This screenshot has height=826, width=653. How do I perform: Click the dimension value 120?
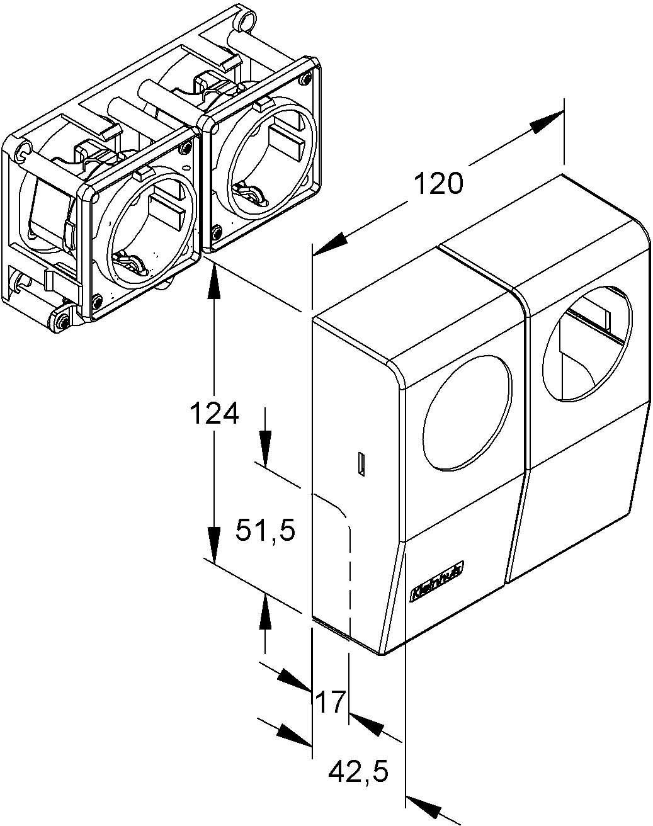click(439, 184)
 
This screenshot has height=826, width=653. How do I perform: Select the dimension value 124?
click(215, 414)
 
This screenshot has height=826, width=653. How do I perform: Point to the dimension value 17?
click(331, 701)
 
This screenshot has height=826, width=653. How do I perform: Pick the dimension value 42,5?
click(358, 771)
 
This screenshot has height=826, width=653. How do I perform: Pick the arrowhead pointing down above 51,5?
click(265, 451)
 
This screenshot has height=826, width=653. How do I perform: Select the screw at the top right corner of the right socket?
click(306, 79)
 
